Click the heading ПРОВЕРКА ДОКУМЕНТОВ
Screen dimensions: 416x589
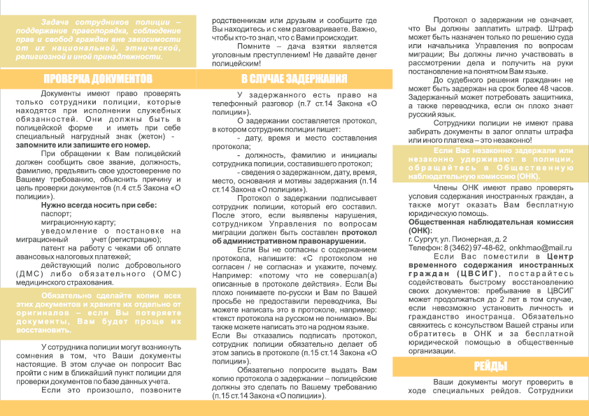pos(98,78)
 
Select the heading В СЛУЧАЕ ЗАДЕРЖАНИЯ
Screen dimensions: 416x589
pos(294,78)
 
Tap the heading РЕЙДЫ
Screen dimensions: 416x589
pos(490,366)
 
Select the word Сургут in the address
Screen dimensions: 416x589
pos(429,239)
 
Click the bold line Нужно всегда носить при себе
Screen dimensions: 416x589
pos(99,205)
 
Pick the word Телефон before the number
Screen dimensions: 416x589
pos(425,248)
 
